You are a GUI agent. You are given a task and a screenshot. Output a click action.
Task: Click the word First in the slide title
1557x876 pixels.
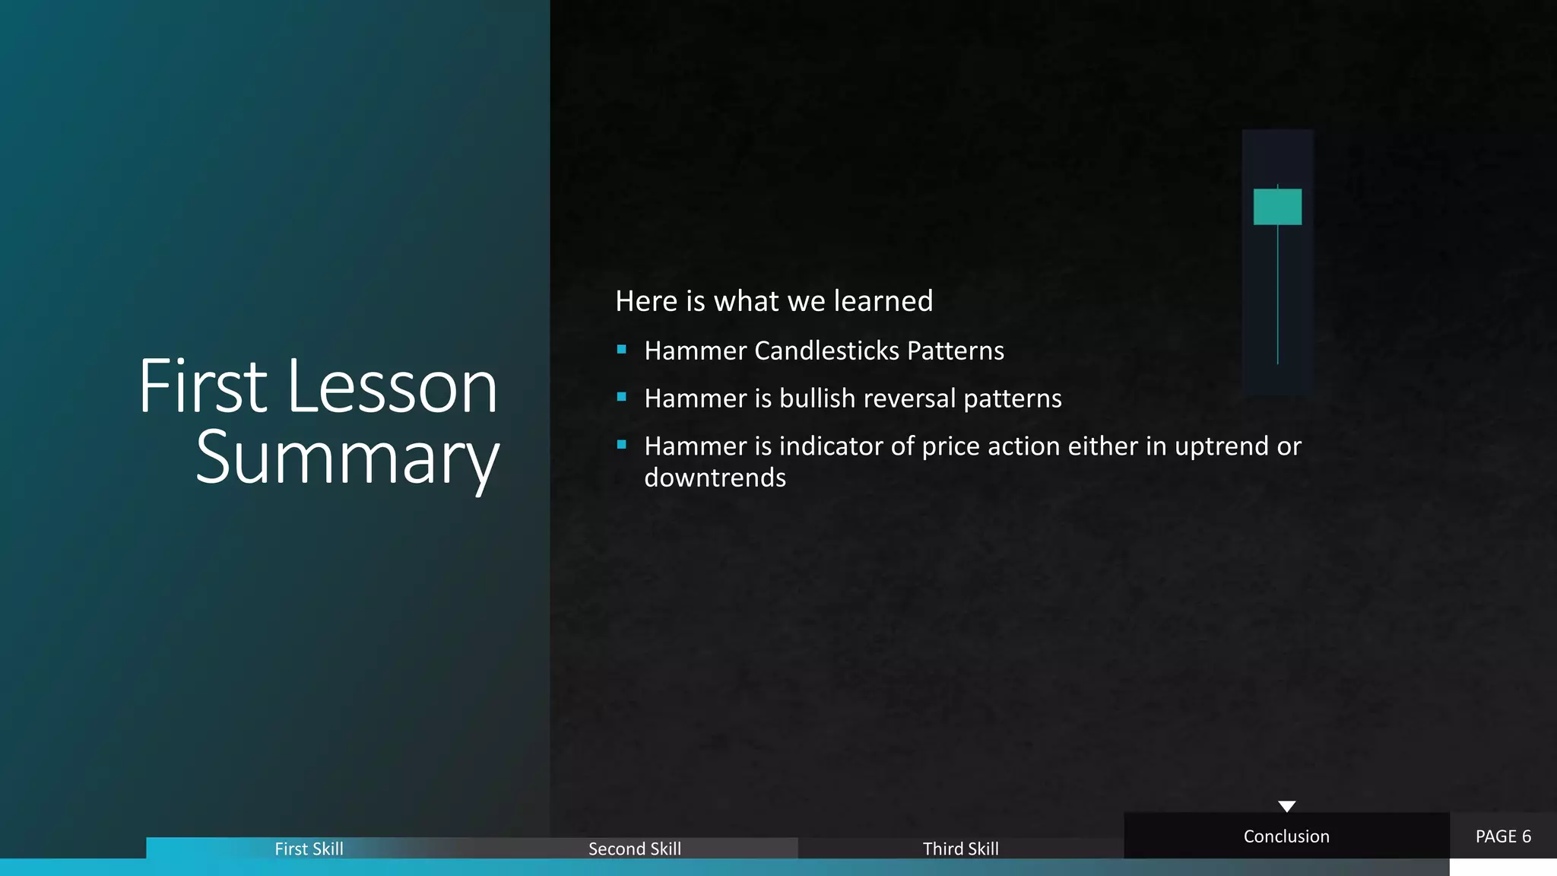click(203, 387)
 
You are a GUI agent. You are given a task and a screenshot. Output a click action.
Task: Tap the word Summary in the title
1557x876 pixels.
click(347, 458)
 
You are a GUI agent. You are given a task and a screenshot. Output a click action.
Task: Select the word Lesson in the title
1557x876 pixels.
click(392, 387)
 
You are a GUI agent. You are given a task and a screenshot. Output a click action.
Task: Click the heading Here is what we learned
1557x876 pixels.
click(774, 301)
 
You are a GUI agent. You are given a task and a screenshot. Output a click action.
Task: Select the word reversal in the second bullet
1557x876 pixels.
click(910, 398)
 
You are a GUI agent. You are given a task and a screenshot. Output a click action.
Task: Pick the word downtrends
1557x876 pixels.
click(715, 478)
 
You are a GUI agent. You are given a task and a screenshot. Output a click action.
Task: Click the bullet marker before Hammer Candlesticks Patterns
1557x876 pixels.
click(622, 350)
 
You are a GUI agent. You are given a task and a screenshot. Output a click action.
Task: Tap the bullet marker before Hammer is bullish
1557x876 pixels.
click(622, 397)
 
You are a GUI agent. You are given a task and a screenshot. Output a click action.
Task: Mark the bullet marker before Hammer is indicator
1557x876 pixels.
click(622, 445)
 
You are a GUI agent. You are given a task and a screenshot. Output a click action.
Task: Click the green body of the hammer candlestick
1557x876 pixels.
click(1277, 207)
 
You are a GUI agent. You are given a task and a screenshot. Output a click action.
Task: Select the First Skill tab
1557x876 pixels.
click(309, 849)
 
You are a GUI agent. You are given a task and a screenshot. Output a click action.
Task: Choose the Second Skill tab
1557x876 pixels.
click(635, 849)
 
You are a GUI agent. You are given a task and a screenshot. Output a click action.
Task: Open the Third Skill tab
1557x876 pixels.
click(960, 849)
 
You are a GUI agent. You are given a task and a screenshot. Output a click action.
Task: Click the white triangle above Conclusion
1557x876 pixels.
click(1286, 806)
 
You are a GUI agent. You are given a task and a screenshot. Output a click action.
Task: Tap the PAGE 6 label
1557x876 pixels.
click(1503, 836)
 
